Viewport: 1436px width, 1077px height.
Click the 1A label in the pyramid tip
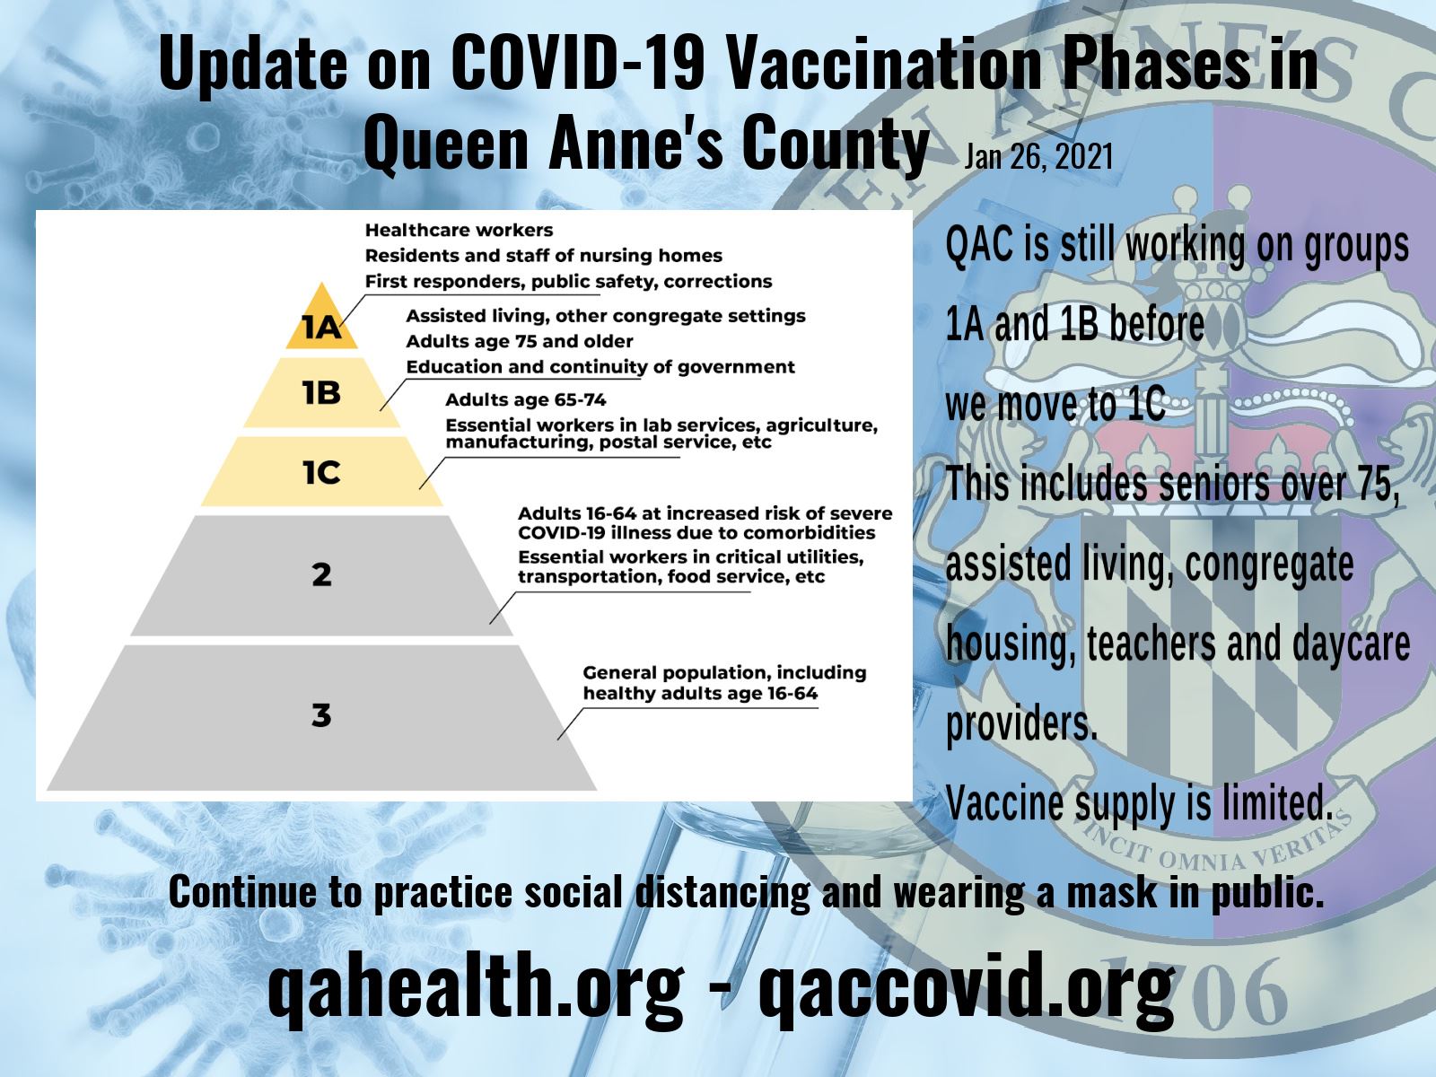click(321, 328)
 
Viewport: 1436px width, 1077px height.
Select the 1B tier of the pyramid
click(321, 392)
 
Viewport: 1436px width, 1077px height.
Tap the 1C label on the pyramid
click(321, 473)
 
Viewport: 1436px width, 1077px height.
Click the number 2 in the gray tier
click(321, 574)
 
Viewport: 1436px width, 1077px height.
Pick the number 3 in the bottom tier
click(321, 715)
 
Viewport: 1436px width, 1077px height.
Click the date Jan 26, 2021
click(1038, 157)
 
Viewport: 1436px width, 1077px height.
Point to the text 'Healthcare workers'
click(459, 231)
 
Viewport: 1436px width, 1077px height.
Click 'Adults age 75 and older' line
click(519, 341)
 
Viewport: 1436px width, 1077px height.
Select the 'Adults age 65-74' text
click(526, 399)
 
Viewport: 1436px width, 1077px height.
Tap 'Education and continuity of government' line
click(600, 366)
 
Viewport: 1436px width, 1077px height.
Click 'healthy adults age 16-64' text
click(700, 693)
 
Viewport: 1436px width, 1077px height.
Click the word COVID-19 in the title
click(580, 65)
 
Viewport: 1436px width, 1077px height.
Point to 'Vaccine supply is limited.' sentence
click(1138, 802)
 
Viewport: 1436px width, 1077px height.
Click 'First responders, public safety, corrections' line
click(568, 281)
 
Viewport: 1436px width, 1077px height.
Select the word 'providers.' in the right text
click(1021, 723)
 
